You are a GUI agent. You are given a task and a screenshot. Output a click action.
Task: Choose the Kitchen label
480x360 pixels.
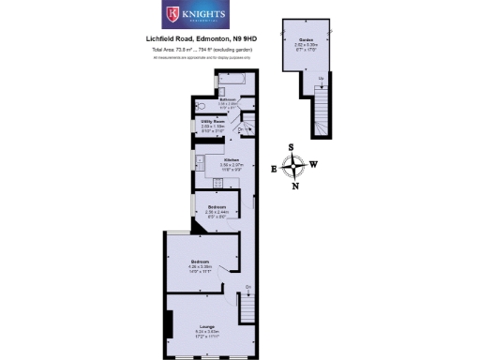click(231, 159)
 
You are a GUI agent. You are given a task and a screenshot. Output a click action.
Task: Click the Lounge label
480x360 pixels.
click(205, 325)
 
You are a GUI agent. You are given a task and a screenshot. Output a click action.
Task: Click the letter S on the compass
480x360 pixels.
click(292, 147)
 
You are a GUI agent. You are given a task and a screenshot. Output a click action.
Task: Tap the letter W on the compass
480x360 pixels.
click(313, 165)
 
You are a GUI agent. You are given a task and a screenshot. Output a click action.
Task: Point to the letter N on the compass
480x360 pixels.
click(296, 186)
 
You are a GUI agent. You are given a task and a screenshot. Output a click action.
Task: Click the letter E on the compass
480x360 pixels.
click(274, 169)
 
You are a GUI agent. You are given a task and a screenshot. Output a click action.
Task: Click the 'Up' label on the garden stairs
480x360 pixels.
click(322, 77)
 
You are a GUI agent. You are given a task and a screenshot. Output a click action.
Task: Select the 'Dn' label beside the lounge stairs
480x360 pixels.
click(248, 285)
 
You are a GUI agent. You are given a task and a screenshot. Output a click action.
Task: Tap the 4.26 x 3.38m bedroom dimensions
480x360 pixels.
click(202, 266)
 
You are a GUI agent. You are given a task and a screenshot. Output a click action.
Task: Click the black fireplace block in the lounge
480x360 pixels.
click(168, 325)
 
